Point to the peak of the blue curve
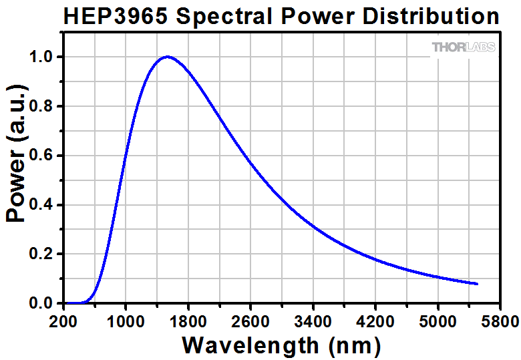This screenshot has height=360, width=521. point(166,57)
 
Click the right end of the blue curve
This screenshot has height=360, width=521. point(477,284)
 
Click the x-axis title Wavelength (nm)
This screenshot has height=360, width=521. point(281,345)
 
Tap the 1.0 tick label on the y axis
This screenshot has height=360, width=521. point(41,57)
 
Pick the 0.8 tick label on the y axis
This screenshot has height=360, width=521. point(41,107)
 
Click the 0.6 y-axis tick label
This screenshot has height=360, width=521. point(41,156)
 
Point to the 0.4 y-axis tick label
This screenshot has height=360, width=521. point(41,205)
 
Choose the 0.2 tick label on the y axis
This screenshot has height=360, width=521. point(41,254)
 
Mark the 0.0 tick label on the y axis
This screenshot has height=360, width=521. point(41,304)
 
